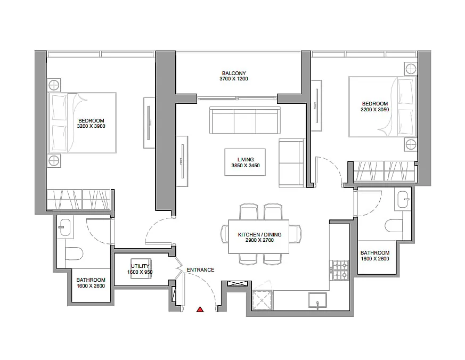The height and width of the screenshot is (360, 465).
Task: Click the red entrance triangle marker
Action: tap(200, 309)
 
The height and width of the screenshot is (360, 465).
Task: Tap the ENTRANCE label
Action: tap(200, 270)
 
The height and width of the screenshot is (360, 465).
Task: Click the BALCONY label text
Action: tap(234, 73)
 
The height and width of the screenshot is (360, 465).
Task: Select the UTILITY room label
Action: tap(140, 266)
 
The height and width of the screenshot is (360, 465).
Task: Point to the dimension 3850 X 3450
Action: tap(246, 166)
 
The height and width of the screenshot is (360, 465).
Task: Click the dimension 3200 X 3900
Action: tap(91, 126)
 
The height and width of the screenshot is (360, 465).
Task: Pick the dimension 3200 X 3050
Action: tap(375, 109)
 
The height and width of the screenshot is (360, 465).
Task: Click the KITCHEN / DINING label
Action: tap(259, 234)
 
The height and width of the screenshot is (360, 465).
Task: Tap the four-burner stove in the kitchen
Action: tap(340, 270)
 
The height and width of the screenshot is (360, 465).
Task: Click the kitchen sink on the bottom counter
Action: tap(317, 300)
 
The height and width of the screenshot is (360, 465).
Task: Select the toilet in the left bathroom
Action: tap(74, 253)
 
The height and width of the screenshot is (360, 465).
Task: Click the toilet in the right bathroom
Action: tap(394, 226)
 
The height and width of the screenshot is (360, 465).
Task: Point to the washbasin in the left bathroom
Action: tap(65, 227)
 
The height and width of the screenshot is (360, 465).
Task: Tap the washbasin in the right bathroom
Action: tap(403, 200)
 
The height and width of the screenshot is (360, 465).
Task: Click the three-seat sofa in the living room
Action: tap(245, 120)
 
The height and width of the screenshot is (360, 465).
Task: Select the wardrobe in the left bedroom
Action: tap(79, 199)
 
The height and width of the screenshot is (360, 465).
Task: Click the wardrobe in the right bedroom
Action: tap(384, 171)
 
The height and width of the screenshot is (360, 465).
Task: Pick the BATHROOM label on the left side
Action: tap(91, 280)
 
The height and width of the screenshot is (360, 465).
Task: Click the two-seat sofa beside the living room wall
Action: tap(291, 163)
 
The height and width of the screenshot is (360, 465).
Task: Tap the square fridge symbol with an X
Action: tap(263, 300)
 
